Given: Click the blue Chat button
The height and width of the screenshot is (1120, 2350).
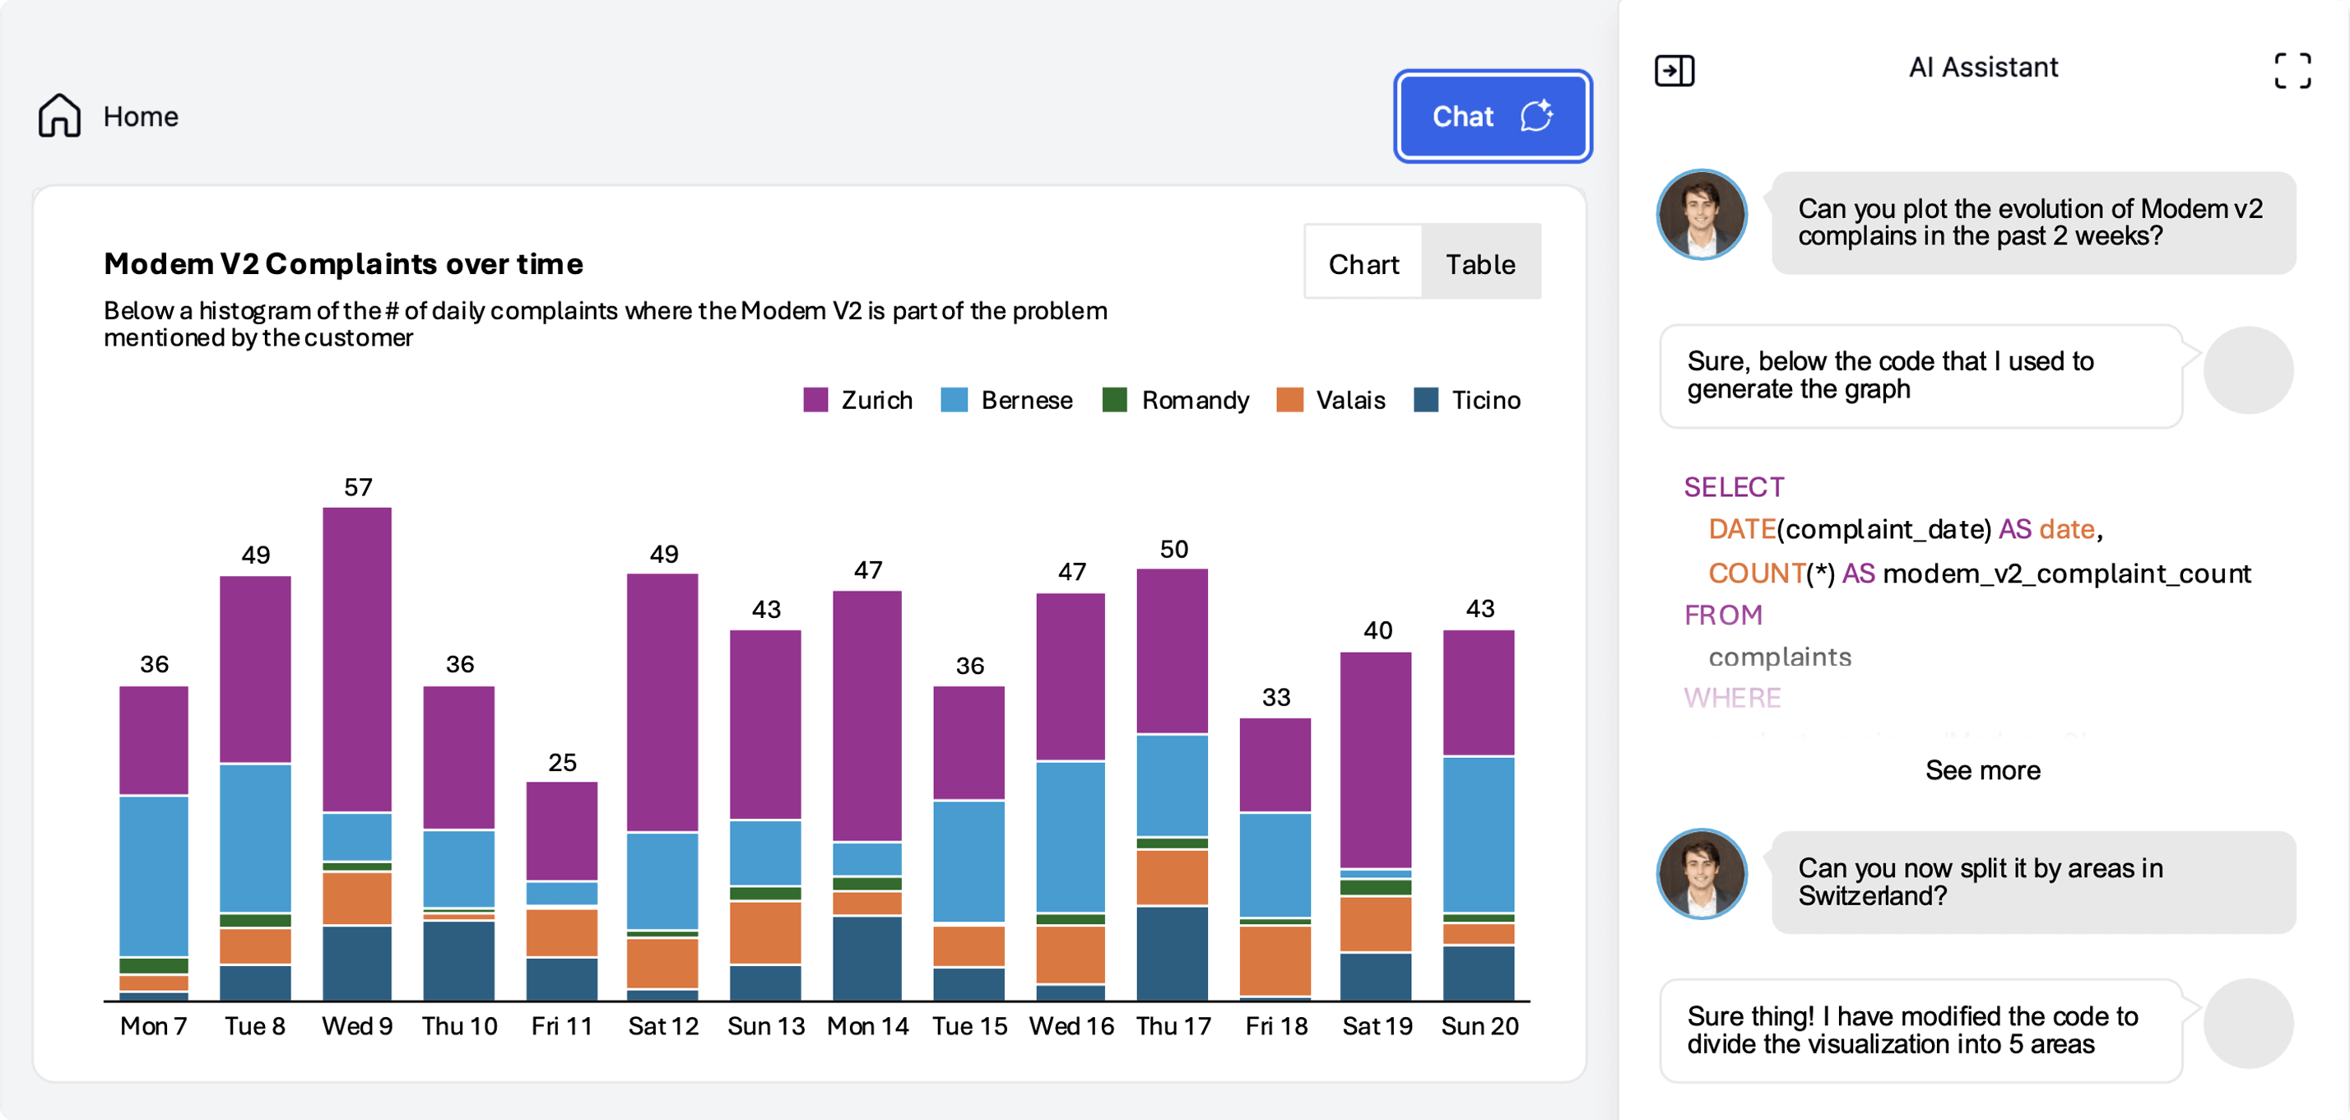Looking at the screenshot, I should [x=1493, y=117].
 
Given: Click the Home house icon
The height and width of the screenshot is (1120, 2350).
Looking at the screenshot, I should [x=59, y=116].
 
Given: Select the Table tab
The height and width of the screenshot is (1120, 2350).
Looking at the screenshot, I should [x=1479, y=263].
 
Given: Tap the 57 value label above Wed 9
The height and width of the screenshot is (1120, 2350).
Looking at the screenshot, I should [x=358, y=487].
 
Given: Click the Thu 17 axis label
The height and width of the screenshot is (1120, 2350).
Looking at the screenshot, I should [x=1173, y=1026].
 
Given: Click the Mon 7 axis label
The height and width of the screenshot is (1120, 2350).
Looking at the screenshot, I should [x=153, y=1026].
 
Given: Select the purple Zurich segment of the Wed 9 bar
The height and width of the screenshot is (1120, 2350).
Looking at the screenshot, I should [x=358, y=657].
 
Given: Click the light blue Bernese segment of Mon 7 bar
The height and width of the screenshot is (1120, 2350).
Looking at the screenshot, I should [x=153, y=876].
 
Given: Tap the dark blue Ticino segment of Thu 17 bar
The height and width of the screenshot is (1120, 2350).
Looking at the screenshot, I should [x=1173, y=953].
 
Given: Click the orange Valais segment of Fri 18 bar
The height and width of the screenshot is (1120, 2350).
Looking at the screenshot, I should [x=1275, y=960].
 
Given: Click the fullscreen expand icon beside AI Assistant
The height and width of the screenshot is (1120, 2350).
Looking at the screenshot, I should [x=2292, y=70].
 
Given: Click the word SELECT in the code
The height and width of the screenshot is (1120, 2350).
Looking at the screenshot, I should [x=1734, y=487].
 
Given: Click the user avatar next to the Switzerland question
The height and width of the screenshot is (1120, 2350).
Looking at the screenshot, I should [x=1702, y=873].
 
